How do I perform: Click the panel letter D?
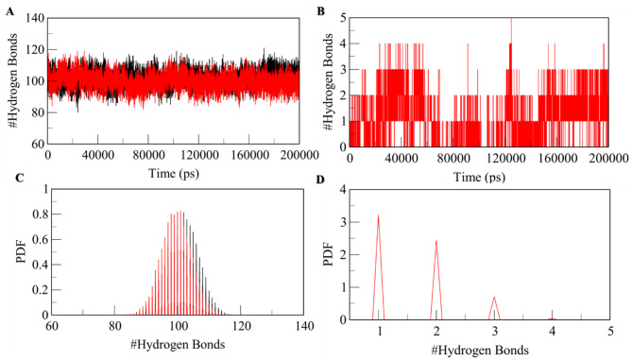click(x=322, y=177)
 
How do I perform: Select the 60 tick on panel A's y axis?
click(x=34, y=144)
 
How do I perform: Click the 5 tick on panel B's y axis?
click(x=341, y=18)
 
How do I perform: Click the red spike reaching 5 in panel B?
click(x=511, y=21)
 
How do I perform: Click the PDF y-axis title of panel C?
click(x=13, y=253)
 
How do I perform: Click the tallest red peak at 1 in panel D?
click(x=378, y=215)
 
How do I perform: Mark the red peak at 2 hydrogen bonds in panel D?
click(x=436, y=241)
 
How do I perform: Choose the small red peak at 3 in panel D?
click(x=494, y=298)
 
